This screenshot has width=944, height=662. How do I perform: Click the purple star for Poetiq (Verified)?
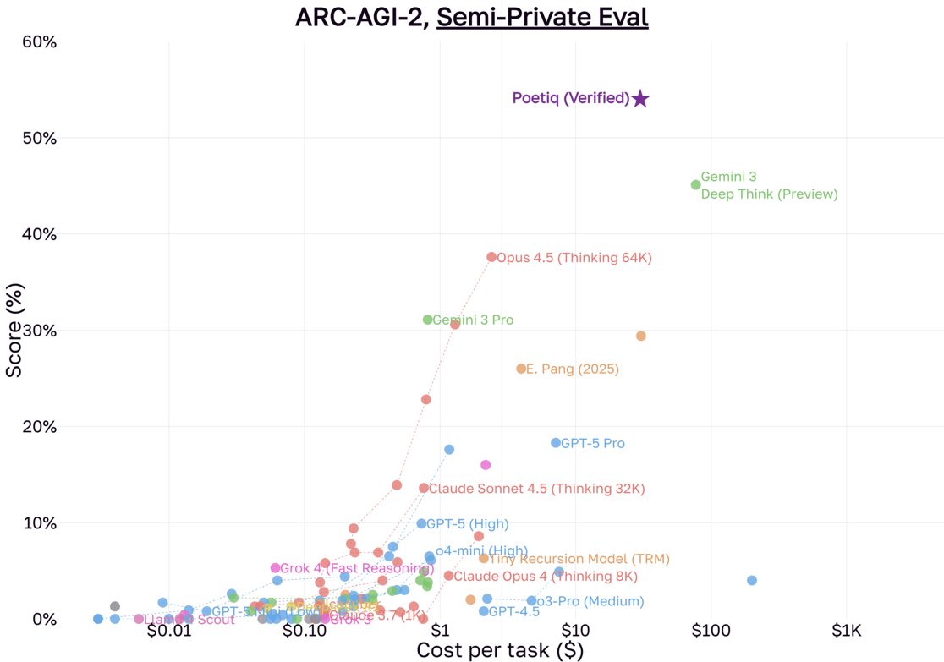(640, 99)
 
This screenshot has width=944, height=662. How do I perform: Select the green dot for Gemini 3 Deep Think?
(696, 184)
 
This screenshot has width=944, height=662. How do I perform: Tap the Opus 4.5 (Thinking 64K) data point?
(491, 257)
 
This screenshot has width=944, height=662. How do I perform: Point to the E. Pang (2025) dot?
(521, 369)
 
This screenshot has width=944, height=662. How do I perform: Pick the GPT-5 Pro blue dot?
(556, 443)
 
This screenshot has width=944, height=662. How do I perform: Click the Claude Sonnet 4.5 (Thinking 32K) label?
(536, 489)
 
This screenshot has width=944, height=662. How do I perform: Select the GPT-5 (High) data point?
(421, 523)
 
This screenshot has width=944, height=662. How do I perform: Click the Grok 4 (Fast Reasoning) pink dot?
(276, 568)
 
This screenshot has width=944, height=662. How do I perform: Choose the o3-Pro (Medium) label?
(590, 602)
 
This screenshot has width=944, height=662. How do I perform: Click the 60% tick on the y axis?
(38, 41)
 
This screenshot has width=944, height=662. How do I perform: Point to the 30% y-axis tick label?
(38, 330)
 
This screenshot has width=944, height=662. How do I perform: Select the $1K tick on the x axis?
(846, 632)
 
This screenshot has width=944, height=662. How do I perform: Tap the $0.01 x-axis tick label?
(169, 632)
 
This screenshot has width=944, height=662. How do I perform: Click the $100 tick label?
(711, 632)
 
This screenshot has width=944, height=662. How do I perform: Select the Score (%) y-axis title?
(14, 331)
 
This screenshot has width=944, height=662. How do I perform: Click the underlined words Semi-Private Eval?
(542, 17)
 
